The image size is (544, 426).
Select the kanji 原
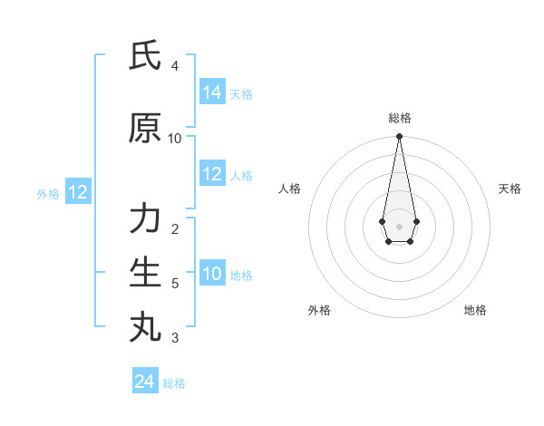145,129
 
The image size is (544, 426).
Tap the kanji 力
145,219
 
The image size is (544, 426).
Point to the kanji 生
145,273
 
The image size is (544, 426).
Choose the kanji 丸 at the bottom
145,326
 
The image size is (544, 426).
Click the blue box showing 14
212,92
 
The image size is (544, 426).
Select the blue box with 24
145,382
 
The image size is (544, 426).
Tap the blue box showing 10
212,274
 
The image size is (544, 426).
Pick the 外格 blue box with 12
78,192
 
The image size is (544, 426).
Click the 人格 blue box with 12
212,174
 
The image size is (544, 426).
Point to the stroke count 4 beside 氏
175,66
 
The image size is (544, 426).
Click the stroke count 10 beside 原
175,139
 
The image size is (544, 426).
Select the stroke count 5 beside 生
175,284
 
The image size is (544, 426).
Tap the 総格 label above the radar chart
400,118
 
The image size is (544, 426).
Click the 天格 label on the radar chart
510,189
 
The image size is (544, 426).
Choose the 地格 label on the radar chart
475,310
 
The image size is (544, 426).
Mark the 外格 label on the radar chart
319,310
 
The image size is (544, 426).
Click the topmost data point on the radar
399,137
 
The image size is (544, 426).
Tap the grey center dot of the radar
399,225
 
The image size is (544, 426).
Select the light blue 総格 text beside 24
174,383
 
